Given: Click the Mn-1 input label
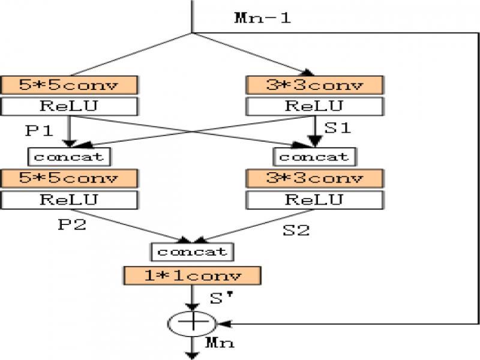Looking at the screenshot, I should pos(262,17).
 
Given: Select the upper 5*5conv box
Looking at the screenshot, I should pos(70,85).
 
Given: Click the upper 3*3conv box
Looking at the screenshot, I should pos(314,85).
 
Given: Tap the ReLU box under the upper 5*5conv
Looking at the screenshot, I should pos(70,106).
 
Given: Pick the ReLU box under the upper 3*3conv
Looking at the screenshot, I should pos(314,106).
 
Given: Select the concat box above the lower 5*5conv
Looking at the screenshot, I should pos(70,157).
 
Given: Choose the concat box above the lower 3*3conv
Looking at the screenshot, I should pos(314,157).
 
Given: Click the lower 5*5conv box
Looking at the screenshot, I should pos(70,178).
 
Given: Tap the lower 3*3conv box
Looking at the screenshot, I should pos(314,178).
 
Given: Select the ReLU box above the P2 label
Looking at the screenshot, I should pos(70,199).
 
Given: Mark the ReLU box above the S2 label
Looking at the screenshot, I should pos(314,199).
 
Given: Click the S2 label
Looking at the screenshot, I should pos(296,230).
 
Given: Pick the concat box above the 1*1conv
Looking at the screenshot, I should pos(192,251).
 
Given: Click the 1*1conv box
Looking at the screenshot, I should pos(193,276).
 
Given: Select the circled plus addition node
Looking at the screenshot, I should pos(193,323).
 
